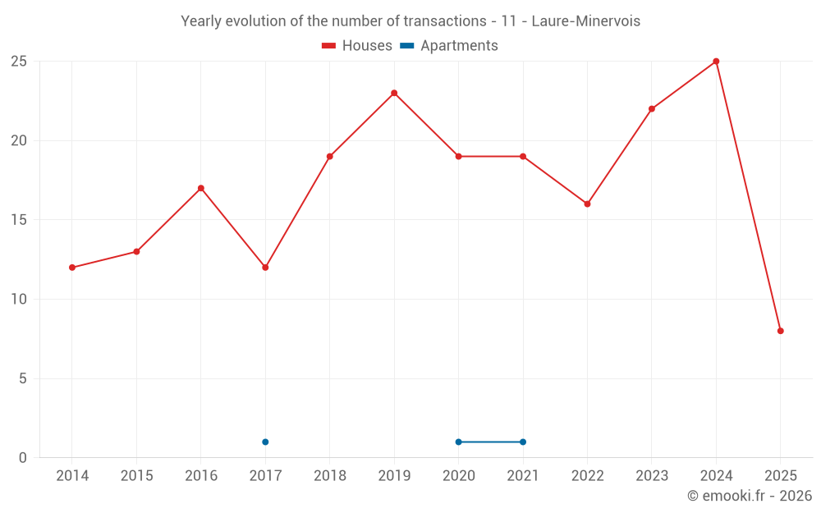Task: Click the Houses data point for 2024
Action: (716, 62)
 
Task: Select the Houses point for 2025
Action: (781, 331)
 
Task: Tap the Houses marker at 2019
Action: (394, 93)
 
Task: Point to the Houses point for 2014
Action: (72, 268)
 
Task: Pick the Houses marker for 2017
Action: (265, 268)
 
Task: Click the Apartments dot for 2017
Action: (265, 442)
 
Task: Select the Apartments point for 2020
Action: (458, 442)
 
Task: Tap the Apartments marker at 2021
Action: (523, 442)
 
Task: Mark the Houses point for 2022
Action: (587, 204)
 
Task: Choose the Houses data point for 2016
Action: (200, 188)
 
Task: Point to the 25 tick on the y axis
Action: (19, 62)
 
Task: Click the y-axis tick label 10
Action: (19, 300)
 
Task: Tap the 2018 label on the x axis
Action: (329, 475)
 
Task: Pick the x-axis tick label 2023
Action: (652, 475)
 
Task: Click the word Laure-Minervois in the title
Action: (585, 21)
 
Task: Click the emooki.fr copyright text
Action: (750, 496)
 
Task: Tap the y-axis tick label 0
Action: (23, 458)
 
